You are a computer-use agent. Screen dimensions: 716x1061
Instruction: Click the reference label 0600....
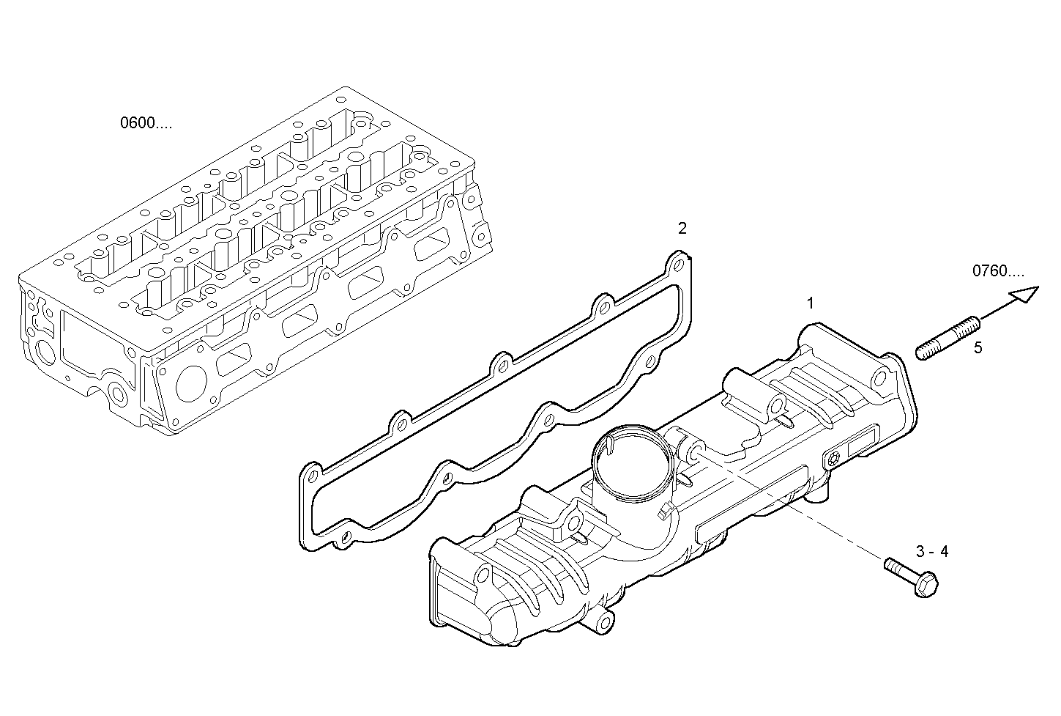[x=146, y=123]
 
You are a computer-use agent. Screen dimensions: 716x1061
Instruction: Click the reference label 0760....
[x=998, y=271]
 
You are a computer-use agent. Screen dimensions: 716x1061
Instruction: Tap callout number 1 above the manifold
[x=810, y=303]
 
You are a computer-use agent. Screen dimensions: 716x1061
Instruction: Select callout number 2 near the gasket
[x=682, y=229]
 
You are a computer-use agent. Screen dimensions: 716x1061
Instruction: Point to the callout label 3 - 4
[x=931, y=552]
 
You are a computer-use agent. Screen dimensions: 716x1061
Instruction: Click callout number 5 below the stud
[x=978, y=347]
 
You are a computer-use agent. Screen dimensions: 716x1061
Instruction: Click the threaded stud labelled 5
[x=948, y=338]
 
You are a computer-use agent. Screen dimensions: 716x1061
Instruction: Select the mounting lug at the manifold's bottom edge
[x=604, y=622]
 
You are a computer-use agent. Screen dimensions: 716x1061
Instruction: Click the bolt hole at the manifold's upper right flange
[x=881, y=377]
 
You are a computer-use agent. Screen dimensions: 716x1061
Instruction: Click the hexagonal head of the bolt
[x=926, y=584]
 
